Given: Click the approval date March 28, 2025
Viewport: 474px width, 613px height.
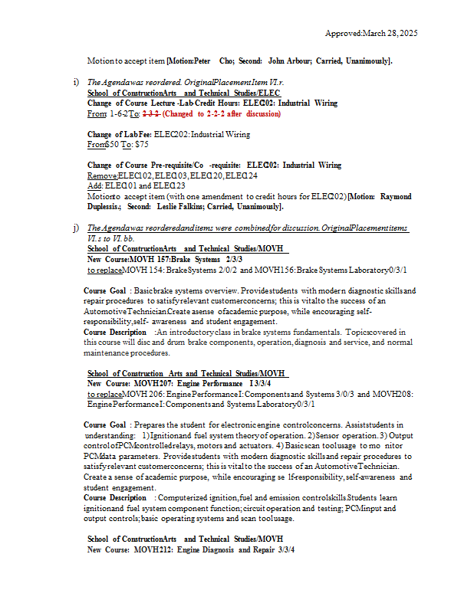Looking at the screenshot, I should [x=390, y=34].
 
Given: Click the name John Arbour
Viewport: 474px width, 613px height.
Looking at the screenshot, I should [x=290, y=61].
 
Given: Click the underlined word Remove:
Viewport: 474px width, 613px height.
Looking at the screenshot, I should [x=102, y=175].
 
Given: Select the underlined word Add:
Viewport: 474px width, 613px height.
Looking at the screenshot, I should [x=95, y=185].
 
